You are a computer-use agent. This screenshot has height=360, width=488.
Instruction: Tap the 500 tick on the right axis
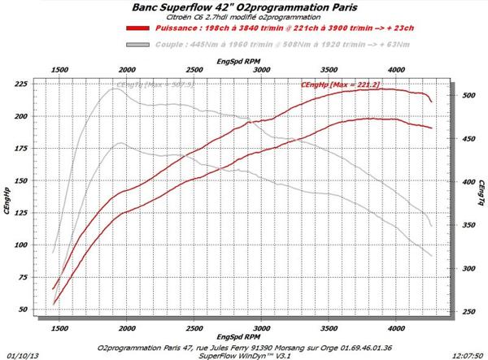tap(468, 96)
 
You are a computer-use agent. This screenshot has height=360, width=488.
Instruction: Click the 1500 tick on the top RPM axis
tap(59, 72)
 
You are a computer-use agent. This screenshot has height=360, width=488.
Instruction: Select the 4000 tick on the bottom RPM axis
tap(396, 328)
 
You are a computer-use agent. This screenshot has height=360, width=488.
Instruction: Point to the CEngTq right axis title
tap(481, 195)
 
